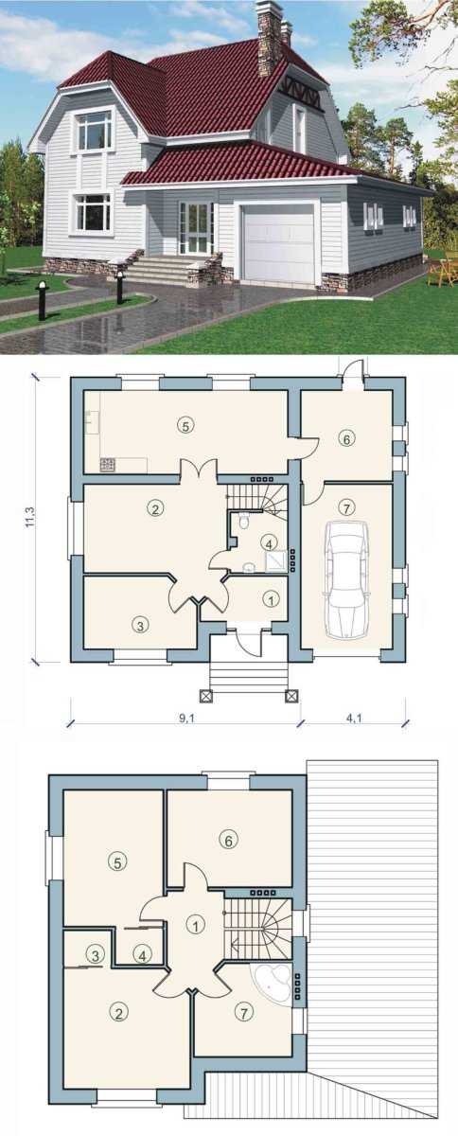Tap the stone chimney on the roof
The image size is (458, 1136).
268,41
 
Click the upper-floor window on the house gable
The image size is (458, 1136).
95,130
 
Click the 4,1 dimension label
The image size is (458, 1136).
354,719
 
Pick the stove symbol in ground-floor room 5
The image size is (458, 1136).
108,464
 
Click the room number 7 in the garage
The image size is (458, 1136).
347,507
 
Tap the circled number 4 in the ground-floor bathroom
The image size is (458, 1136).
269,543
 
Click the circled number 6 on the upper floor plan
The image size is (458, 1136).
228,841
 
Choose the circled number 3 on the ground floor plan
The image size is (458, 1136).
140,625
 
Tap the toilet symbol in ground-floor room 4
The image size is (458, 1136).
243,521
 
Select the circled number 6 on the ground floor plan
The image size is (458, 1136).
347,439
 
